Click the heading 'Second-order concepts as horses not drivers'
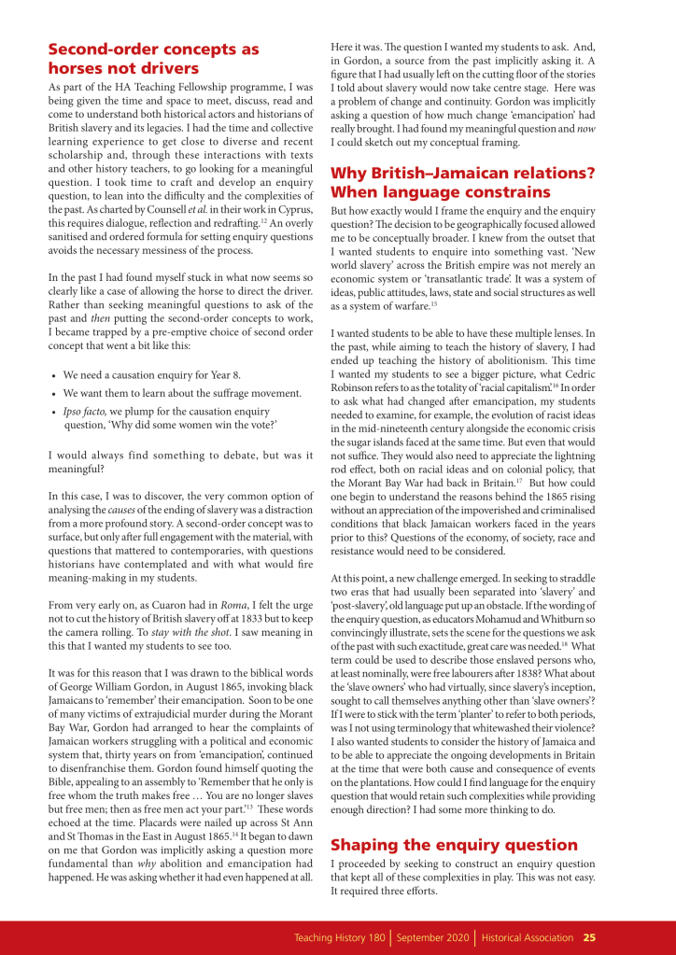point(153,58)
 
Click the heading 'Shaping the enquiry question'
point(454,845)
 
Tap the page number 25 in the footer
point(590,937)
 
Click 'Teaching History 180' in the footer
point(340,937)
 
